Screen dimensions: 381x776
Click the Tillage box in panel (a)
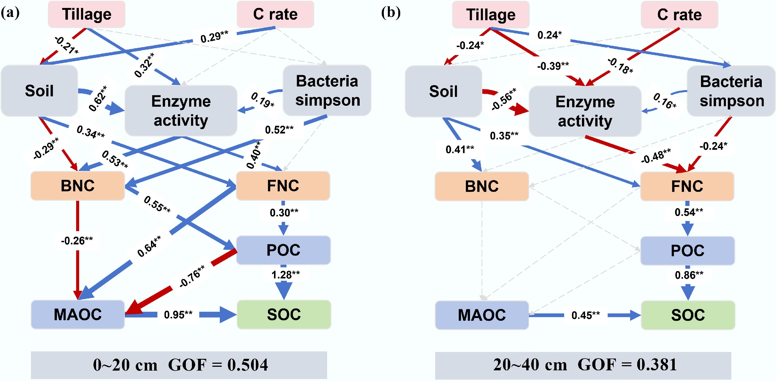coord(86,14)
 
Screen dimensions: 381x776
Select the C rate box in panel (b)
coord(679,15)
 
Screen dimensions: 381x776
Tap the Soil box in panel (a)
coord(39,91)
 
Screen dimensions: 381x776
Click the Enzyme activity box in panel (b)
coord(585,111)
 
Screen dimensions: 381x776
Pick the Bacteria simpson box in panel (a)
coord(327,90)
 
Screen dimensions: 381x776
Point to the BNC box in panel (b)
coord(482,186)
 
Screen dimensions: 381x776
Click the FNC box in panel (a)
coord(283,186)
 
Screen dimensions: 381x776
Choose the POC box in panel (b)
coord(687,250)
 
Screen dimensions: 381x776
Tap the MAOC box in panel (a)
coord(78,314)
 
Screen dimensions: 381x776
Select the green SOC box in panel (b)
coord(688,315)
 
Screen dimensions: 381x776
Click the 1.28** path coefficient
coord(285,275)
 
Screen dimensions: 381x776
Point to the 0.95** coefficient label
coord(178,315)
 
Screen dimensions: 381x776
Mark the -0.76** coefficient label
coord(192,276)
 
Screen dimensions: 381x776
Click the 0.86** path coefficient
coord(689,275)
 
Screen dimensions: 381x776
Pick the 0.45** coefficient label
coord(585,315)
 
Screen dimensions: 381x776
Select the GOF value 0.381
coord(657,365)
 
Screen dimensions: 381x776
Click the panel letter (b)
coord(391,13)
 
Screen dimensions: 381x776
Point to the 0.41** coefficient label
coord(460,149)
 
